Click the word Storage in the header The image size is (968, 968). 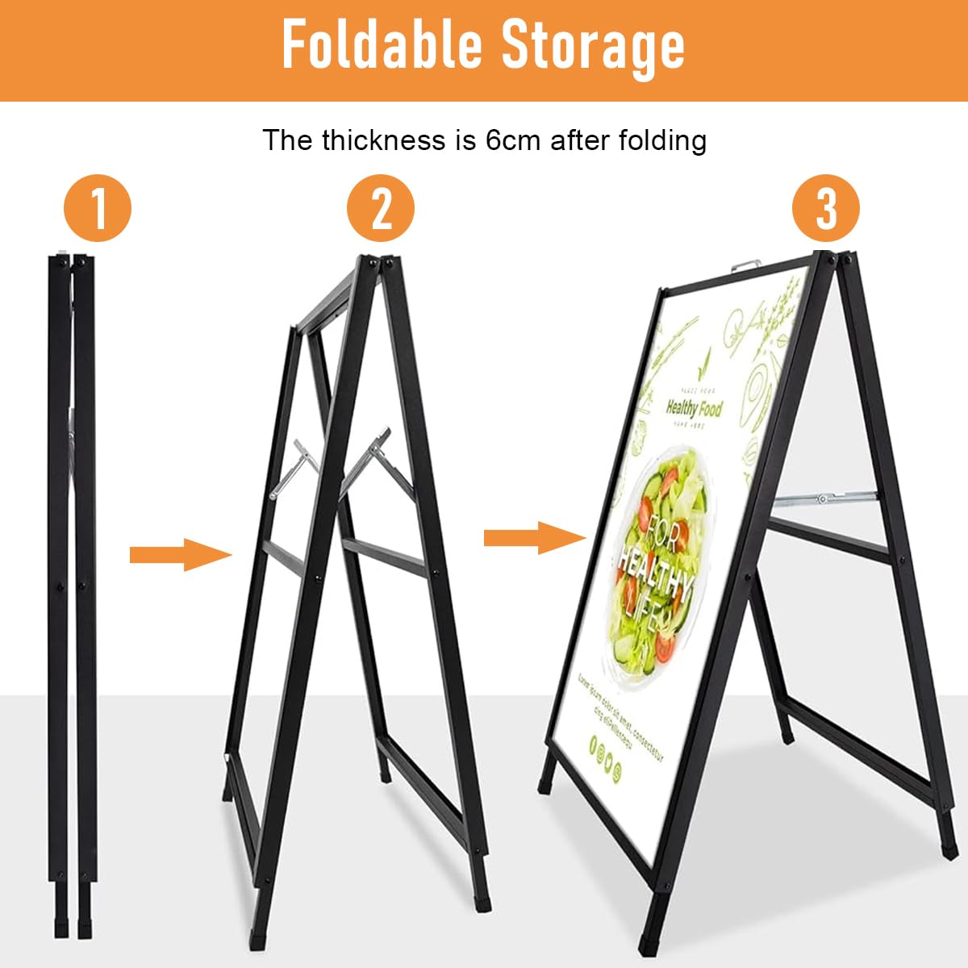593,46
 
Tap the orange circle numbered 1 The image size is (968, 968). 98,208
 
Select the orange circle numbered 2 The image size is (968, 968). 381,208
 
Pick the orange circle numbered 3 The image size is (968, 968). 826,208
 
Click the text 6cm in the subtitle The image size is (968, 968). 513,140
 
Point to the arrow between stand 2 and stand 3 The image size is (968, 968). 534,537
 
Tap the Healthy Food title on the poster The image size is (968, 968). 695,409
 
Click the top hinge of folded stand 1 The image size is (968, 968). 72,260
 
